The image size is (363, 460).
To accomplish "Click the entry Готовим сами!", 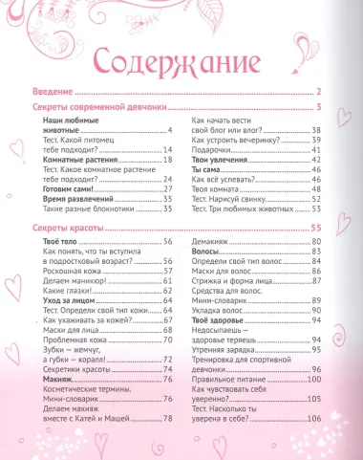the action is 69,190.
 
